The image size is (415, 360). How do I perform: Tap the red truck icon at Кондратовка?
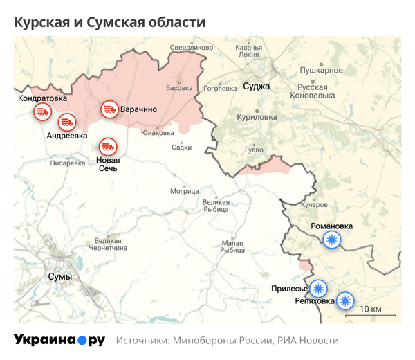click(x=43, y=112)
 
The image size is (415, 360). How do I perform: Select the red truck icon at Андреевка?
click(x=66, y=122)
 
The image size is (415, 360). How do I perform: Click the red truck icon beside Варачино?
click(x=109, y=109)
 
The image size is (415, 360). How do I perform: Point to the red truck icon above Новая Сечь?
click(x=107, y=147)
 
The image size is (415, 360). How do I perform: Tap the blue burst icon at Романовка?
click(x=333, y=240)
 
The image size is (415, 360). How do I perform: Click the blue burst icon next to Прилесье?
click(x=318, y=288)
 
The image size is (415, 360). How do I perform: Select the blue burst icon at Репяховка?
click(x=344, y=301)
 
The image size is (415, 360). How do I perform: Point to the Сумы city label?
click(x=59, y=277)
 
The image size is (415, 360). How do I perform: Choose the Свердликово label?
click(x=192, y=48)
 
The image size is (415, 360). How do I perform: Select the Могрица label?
click(x=185, y=191)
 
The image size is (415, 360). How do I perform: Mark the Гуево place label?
click(x=255, y=150)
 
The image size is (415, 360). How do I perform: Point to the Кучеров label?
click(x=315, y=205)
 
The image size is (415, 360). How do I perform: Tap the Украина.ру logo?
click(x=59, y=341)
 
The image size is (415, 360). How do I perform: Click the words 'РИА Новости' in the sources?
click(x=308, y=341)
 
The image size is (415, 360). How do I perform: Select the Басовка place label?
click(x=179, y=88)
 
